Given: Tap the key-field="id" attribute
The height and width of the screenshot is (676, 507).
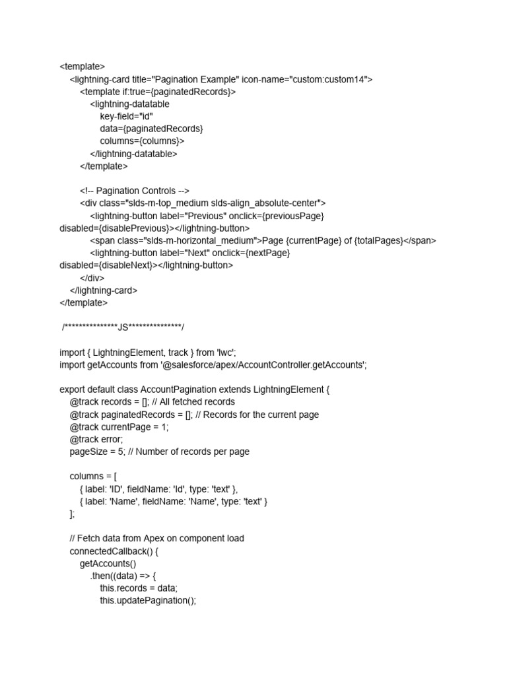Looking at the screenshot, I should (126, 117).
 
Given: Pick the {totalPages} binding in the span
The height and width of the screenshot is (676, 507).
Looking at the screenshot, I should (378, 241).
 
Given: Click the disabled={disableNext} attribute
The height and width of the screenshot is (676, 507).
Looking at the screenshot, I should (106, 265).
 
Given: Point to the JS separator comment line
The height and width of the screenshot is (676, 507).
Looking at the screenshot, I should (123, 327).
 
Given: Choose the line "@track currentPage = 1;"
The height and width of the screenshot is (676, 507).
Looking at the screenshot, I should (119, 427).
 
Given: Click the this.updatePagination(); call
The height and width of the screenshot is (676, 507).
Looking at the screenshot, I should (148, 600).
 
